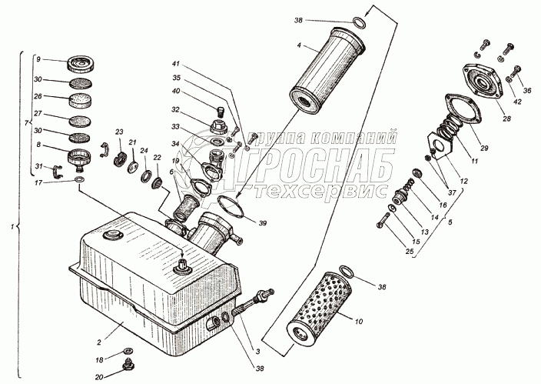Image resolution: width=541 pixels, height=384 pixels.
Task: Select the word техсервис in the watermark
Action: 315,189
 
